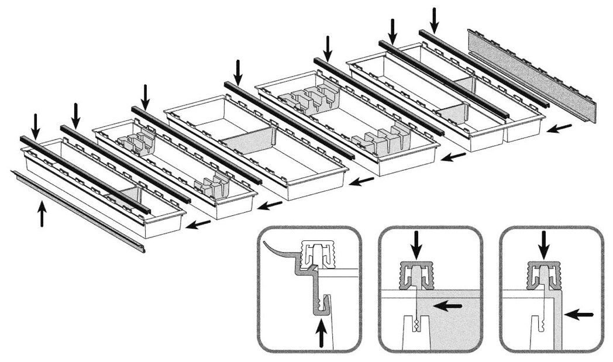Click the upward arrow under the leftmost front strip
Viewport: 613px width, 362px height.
tap(42, 213)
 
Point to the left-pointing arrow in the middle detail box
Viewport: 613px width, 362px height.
tap(447, 306)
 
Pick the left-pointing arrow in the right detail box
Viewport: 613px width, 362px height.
tap(581, 315)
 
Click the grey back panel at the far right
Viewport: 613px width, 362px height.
tap(531, 75)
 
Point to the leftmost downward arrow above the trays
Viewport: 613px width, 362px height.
tap(36, 125)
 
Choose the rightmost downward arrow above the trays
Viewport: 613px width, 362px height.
tap(434, 19)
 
